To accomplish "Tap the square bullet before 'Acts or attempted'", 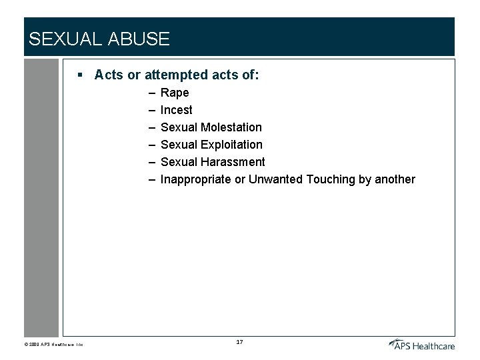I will tap(80, 75).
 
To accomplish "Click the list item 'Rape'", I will tap(175, 93).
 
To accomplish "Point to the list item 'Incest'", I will tap(176, 110).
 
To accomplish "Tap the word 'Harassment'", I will tap(232, 162).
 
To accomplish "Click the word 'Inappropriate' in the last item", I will tap(196, 179).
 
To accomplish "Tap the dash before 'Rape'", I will tap(153, 93).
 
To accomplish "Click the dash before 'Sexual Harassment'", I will tap(153, 162).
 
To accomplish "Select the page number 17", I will tap(239, 342).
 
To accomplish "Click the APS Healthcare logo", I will tap(422, 344).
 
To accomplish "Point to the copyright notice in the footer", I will tap(53, 345).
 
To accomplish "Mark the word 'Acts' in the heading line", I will tap(109, 75).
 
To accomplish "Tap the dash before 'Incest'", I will tap(153, 110).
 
